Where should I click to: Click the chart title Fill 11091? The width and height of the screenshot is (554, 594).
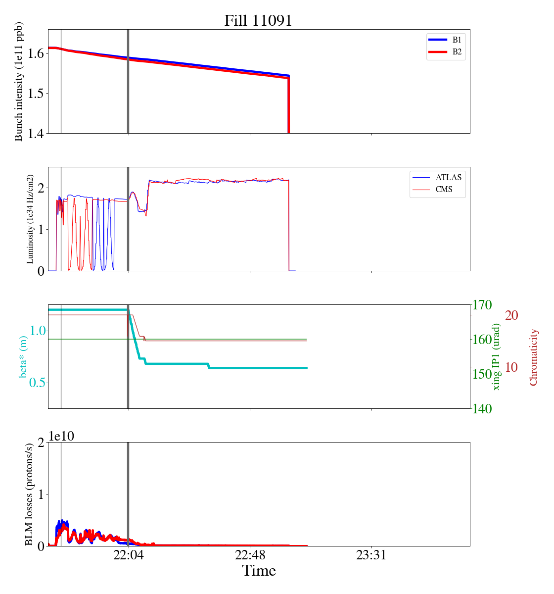(x=258, y=21)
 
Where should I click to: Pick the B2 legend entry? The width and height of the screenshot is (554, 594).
(x=456, y=52)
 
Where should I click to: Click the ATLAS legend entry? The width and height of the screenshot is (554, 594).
(x=448, y=177)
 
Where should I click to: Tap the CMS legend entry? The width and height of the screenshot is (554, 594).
(x=444, y=190)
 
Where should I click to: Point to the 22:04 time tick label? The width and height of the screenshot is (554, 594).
(x=128, y=555)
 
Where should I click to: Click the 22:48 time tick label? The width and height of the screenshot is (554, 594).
(x=250, y=555)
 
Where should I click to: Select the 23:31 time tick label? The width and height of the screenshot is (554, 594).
(x=371, y=555)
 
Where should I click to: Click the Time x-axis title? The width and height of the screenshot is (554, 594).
(x=259, y=571)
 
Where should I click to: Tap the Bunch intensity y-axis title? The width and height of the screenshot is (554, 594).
(x=19, y=82)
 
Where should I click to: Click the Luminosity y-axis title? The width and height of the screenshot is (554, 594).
(x=30, y=219)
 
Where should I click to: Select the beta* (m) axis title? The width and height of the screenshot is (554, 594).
(x=23, y=356)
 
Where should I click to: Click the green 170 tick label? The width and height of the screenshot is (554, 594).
(x=482, y=305)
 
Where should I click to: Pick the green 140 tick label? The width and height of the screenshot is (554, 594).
(x=482, y=408)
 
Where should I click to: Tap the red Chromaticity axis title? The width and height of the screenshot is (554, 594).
(x=533, y=357)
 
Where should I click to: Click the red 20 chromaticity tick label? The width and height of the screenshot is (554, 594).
(x=511, y=315)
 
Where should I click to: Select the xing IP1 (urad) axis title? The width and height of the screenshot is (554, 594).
(x=497, y=356)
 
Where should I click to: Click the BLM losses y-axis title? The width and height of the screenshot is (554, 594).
(x=29, y=494)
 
